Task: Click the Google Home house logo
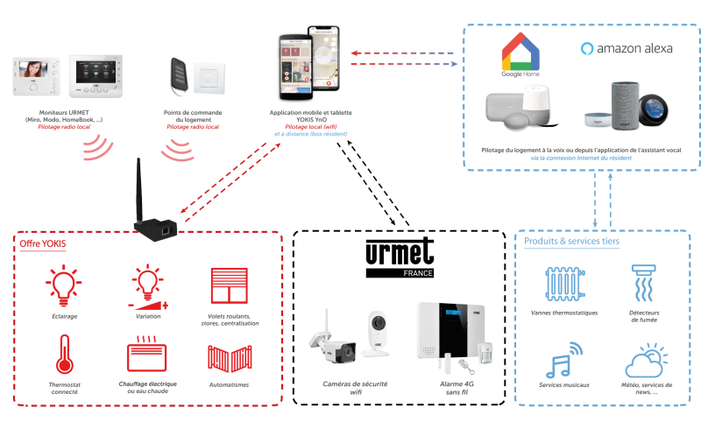coord(520,53)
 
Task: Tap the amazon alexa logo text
coord(627,49)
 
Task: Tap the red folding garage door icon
coord(225,359)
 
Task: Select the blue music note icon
coord(561,358)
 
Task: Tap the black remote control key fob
coord(179,75)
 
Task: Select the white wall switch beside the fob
coord(207,76)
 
